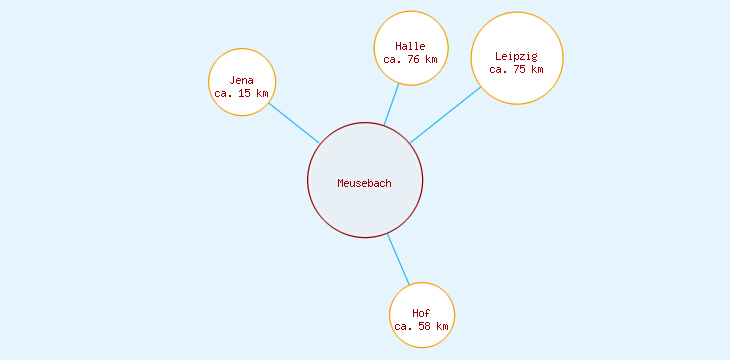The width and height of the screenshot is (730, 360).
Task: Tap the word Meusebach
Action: pyautogui.click(x=365, y=183)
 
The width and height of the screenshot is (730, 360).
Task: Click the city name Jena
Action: pyautogui.click(x=242, y=80)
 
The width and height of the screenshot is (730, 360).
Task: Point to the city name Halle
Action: pyautogui.click(x=410, y=46)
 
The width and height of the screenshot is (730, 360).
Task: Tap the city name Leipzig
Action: pyautogui.click(x=516, y=56)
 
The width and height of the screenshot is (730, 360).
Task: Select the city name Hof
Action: pyautogui.click(x=421, y=314)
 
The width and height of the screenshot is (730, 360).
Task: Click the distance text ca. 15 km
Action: pyautogui.click(x=242, y=93)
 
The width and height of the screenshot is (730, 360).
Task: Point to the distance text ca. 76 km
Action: pyautogui.click(x=410, y=59)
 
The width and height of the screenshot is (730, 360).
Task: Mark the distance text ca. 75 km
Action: pyautogui.click(x=516, y=69)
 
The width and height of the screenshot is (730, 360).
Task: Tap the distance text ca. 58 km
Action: pyautogui.click(x=421, y=326)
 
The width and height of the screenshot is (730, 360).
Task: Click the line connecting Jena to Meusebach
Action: pyautogui.click(x=294, y=123)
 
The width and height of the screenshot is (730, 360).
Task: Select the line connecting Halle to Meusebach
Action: pyautogui.click(x=391, y=105)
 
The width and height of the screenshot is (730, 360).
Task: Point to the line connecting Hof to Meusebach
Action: pyautogui.click(x=398, y=259)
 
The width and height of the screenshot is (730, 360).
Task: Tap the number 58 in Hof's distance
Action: pyautogui.click(x=425, y=326)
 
